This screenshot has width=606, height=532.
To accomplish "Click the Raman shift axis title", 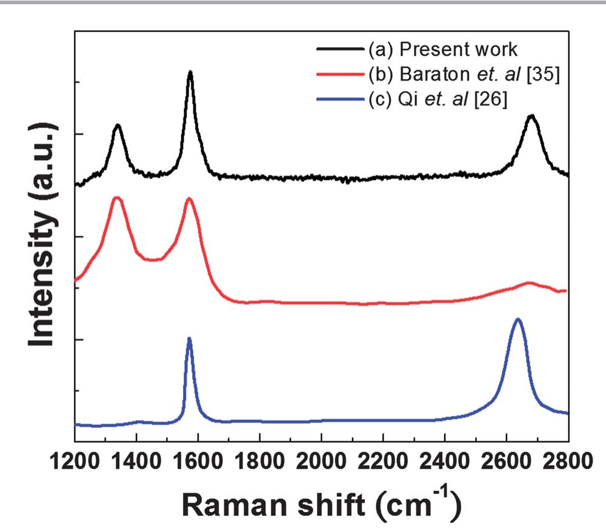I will pos(321,502).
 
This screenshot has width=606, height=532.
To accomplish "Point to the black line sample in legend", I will pos(340,49).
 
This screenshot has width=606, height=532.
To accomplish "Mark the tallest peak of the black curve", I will pos(190,72).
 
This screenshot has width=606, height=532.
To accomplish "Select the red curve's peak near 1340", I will pos(116,198).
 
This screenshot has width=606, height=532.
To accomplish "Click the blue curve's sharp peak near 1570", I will pos(190,339).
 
